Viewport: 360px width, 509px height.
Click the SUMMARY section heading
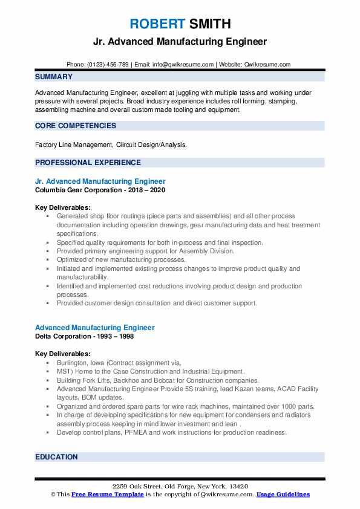click(x=54, y=77)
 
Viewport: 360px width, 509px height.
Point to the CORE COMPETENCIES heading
click(x=76, y=126)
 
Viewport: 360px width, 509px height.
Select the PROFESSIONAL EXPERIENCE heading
click(x=88, y=162)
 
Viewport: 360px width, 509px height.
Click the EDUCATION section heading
click(x=57, y=457)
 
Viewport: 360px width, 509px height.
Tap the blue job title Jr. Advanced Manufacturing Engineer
click(x=100, y=181)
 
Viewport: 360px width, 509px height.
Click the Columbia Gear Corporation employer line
click(x=100, y=190)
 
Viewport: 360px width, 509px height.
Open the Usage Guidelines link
click(x=283, y=494)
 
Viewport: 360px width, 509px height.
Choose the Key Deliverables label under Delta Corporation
click(x=63, y=354)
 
